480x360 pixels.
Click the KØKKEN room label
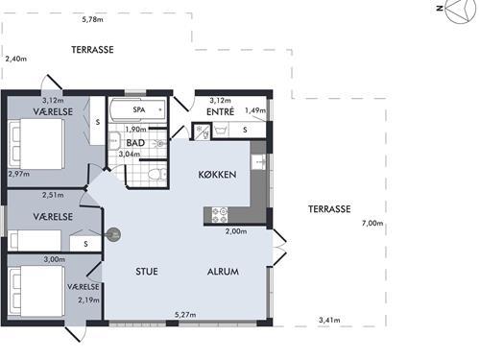tap(217, 175)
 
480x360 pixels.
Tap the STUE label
tap(147, 272)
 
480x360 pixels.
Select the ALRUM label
tap(223, 272)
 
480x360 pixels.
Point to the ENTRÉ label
tap(220, 111)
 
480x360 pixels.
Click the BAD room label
tap(135, 143)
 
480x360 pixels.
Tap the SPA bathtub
tap(138, 109)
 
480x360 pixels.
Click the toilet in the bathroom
tap(157, 175)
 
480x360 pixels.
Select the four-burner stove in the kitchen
tap(220, 215)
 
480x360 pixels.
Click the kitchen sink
tap(258, 162)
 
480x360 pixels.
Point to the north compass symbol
tap(459, 12)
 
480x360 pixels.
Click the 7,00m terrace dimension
tap(372, 223)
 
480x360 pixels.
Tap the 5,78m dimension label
tap(92, 19)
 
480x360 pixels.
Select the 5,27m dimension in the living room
tap(185, 315)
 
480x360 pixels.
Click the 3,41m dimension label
tap(329, 320)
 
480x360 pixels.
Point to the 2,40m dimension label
tap(16, 59)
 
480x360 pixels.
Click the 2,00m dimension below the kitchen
tap(236, 231)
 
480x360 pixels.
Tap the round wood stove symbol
tap(113, 235)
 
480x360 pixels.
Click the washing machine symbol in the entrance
tap(221, 131)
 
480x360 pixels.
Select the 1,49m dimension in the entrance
tap(255, 110)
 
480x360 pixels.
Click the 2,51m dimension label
tap(53, 195)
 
